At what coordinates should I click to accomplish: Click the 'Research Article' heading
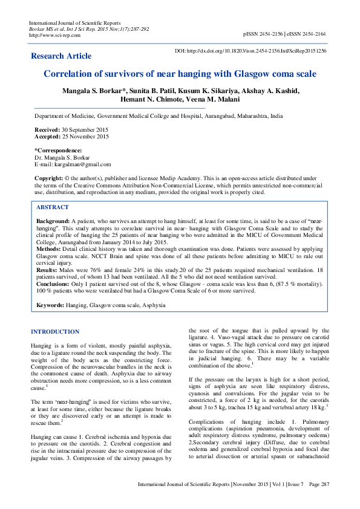(61, 56)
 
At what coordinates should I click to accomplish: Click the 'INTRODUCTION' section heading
(55, 332)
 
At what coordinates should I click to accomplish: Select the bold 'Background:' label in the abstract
(53, 222)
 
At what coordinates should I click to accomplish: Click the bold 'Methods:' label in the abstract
(50, 248)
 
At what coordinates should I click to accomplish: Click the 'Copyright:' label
(48, 179)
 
